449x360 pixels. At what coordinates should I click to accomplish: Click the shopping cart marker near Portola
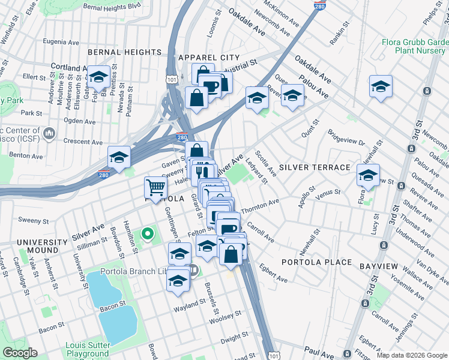coord(156,188)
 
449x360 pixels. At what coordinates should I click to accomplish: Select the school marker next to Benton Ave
coord(119,157)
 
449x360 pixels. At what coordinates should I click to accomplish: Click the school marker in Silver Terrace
coord(368,175)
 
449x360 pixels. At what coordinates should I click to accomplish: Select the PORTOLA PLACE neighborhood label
coord(316,262)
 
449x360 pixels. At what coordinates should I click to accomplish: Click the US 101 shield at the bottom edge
coord(274,355)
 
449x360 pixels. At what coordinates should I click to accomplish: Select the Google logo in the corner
coord(20,352)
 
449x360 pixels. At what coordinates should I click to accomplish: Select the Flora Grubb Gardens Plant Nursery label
coord(415,47)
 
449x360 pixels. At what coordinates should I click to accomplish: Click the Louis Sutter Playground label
coord(88,350)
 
